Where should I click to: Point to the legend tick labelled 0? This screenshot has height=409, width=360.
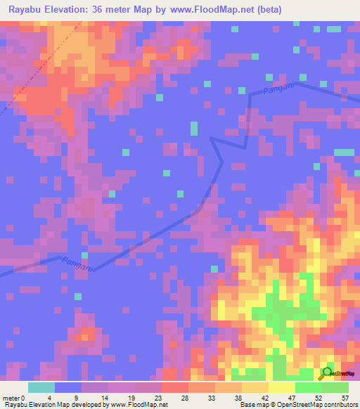25,398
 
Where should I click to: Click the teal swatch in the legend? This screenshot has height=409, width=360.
41,387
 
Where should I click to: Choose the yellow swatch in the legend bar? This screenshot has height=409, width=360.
282,387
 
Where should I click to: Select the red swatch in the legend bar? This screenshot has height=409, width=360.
175,387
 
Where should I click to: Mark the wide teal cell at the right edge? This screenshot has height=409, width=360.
344,152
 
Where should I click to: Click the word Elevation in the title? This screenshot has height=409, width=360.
78,10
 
